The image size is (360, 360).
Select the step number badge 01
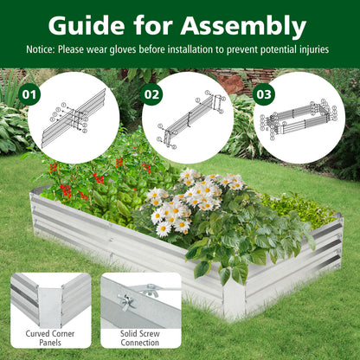point(29,93)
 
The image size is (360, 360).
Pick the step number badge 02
point(152,93)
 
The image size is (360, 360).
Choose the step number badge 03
point(264,93)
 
